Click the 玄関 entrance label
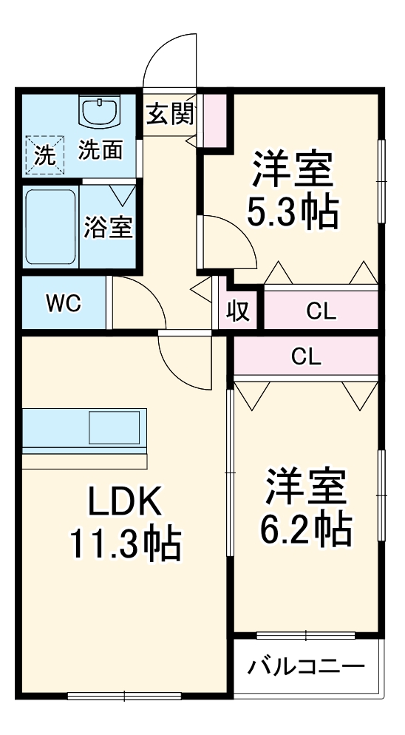tap(170, 115)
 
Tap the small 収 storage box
tap(236, 311)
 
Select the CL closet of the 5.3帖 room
tap(321, 311)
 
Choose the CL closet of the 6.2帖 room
tap(306, 357)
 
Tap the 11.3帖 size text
tap(125, 545)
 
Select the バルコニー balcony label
tap(305, 667)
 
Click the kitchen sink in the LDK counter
tap(114, 427)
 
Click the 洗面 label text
tap(101, 151)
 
